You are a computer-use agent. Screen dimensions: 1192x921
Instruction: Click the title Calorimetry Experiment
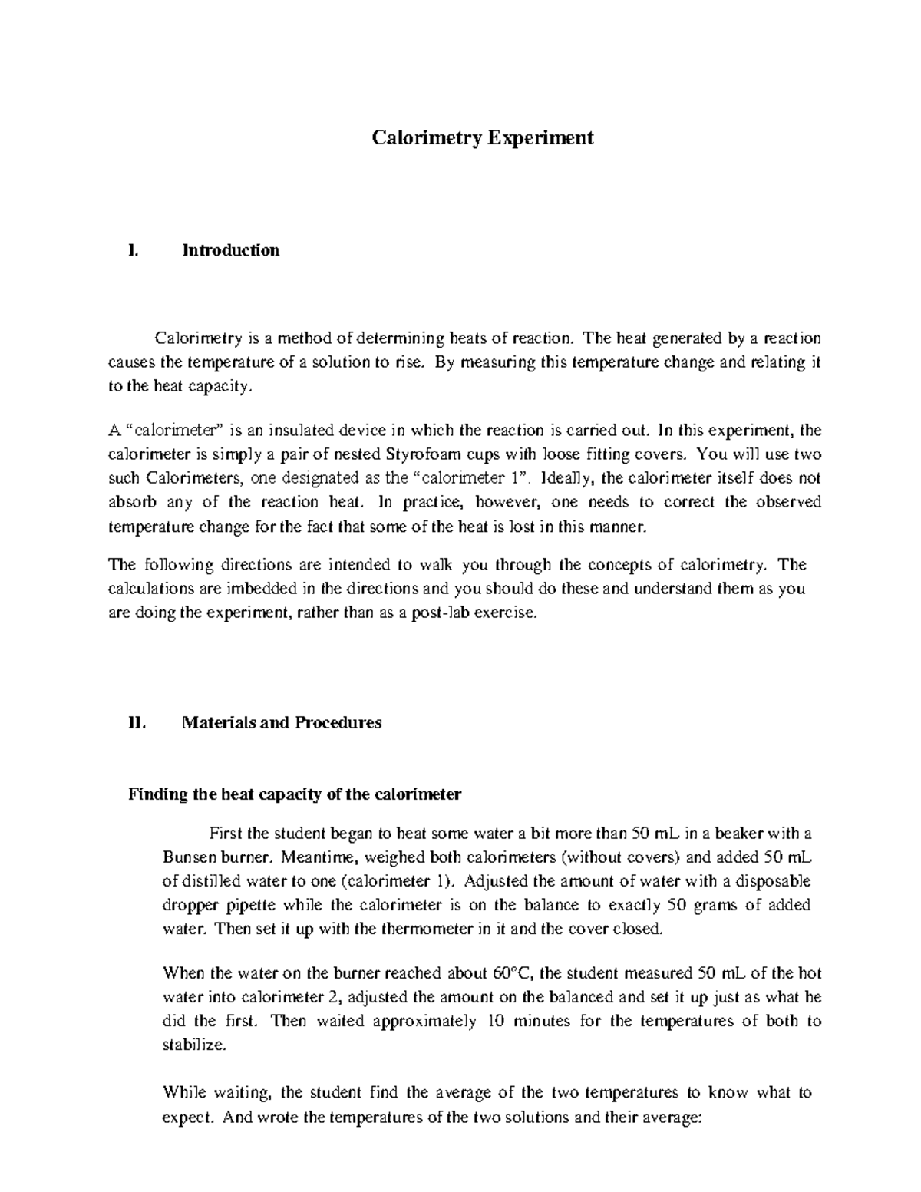tap(483, 138)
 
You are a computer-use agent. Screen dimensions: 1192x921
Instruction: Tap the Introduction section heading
tap(230, 250)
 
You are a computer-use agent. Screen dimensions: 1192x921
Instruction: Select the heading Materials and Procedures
tap(281, 722)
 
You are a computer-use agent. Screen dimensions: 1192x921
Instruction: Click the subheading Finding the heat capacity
tap(294, 794)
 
